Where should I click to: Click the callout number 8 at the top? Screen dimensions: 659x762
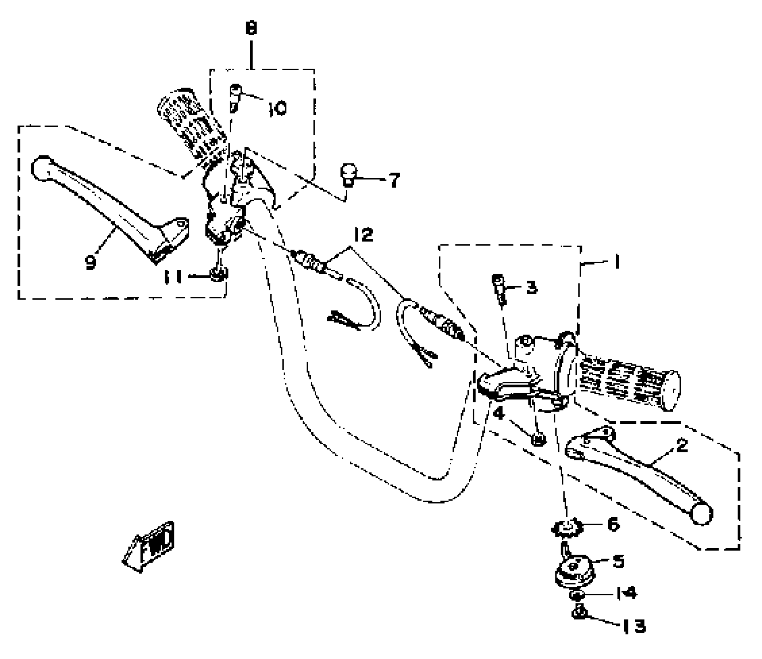pos(251,29)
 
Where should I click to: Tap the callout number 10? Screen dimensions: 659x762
pos(278,108)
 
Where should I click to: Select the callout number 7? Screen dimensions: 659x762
pos(394,180)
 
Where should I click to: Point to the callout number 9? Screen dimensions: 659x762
pos(90,262)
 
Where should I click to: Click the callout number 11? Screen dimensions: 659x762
pos(173,277)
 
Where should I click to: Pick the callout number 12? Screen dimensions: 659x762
pos(363,235)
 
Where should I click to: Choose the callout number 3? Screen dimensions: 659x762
pos(532,287)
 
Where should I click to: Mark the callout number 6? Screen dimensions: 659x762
pos(613,525)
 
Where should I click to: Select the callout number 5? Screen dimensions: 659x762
pos(618,561)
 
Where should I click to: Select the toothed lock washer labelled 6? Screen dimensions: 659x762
pos(567,528)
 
